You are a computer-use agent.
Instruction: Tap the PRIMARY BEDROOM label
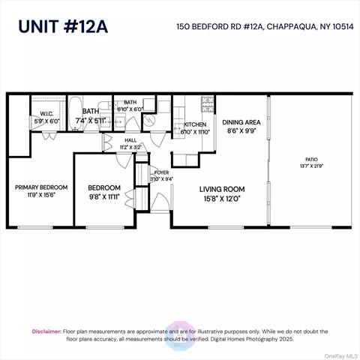click(x=42, y=187)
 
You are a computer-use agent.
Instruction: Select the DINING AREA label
click(x=241, y=120)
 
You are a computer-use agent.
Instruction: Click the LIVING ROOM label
click(x=222, y=190)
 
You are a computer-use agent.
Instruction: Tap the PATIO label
click(x=311, y=159)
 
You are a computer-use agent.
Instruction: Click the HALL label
click(x=130, y=139)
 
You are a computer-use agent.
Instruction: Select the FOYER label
click(x=162, y=172)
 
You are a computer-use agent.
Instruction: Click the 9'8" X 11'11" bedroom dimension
click(x=104, y=196)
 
